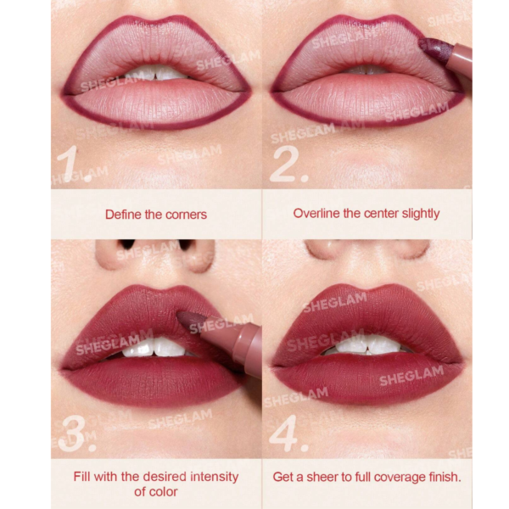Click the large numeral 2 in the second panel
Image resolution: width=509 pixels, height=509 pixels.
(288, 164)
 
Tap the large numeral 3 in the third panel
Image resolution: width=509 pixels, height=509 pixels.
(76, 433)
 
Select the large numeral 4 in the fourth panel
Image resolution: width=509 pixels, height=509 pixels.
(288, 433)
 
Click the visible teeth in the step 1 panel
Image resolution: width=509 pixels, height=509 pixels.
(155, 73)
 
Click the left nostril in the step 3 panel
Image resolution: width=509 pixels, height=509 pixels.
(127, 243)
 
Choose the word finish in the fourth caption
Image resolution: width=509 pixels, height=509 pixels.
(445, 477)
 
